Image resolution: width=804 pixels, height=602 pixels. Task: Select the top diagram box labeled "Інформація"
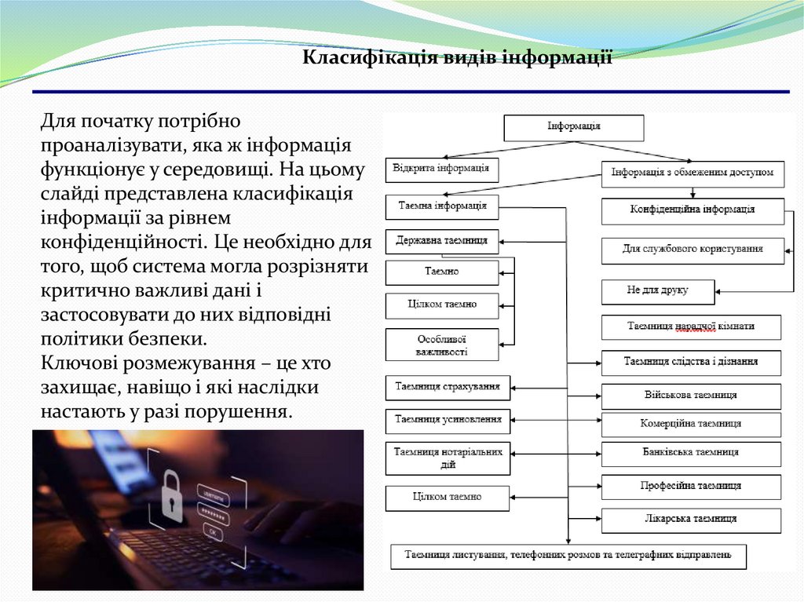573,127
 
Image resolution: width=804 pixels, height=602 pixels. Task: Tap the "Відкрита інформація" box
441,169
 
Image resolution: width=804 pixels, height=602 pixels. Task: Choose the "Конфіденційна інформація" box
692,210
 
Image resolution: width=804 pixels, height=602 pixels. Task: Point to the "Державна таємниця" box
441,241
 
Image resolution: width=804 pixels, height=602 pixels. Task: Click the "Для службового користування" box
692,250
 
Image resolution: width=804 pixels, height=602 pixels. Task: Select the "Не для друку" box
657,291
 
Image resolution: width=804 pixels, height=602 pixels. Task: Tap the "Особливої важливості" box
441,345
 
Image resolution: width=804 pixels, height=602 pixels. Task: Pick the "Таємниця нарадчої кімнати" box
691,327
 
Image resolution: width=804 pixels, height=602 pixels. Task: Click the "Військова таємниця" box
691,396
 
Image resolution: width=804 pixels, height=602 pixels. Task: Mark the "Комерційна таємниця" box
691,425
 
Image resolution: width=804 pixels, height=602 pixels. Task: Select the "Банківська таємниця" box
691,454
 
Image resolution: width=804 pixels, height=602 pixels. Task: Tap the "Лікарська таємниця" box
691,520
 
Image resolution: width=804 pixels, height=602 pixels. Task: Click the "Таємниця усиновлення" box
448,421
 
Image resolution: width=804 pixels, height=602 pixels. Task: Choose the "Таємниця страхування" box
448,387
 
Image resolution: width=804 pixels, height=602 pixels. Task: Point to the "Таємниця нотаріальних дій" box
448,458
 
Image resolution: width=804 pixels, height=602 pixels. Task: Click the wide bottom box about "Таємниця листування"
568,556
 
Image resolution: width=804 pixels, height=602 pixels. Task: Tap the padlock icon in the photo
171,495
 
